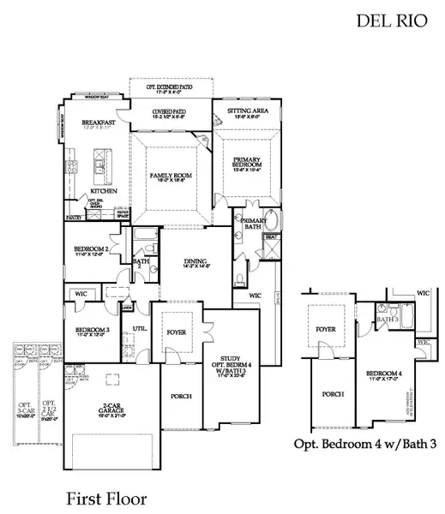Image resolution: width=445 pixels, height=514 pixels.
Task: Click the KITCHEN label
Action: tap(104, 191)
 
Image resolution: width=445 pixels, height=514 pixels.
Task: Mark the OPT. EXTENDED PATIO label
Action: tap(168, 87)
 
